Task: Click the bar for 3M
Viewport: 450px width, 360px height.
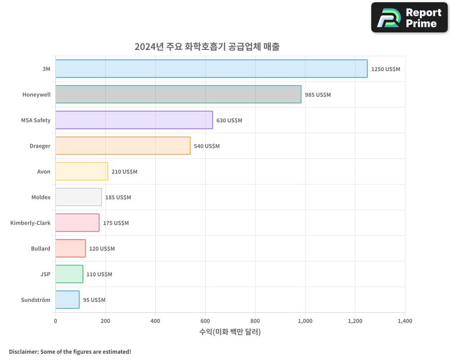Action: [211, 69]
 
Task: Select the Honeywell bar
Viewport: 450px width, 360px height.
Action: [178, 94]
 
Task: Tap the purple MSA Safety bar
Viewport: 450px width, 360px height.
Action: [134, 120]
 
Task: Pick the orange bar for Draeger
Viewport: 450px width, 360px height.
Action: [123, 146]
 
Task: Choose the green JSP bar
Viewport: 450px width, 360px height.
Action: [69, 274]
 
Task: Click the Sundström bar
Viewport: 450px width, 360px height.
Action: [67, 300]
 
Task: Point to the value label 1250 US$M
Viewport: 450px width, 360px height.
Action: [386, 69]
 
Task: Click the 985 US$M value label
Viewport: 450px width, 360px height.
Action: [318, 95]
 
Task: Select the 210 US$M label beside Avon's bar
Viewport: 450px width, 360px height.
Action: [125, 172]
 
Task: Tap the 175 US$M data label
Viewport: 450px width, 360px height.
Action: [116, 223]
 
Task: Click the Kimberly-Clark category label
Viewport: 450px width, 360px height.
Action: [30, 223]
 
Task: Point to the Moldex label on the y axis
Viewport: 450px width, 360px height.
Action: [41, 197]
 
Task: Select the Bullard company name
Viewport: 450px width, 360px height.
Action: [40, 248]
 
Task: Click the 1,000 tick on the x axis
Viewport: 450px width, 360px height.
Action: [305, 321]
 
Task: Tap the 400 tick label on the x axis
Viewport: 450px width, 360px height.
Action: [155, 321]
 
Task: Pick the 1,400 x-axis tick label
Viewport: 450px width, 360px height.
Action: [405, 321]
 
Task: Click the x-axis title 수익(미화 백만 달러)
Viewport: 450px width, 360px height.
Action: [230, 332]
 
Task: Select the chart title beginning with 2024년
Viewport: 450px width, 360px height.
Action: [207, 46]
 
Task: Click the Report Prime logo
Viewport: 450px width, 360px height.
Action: [409, 18]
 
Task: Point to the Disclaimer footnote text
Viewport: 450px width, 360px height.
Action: [70, 351]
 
